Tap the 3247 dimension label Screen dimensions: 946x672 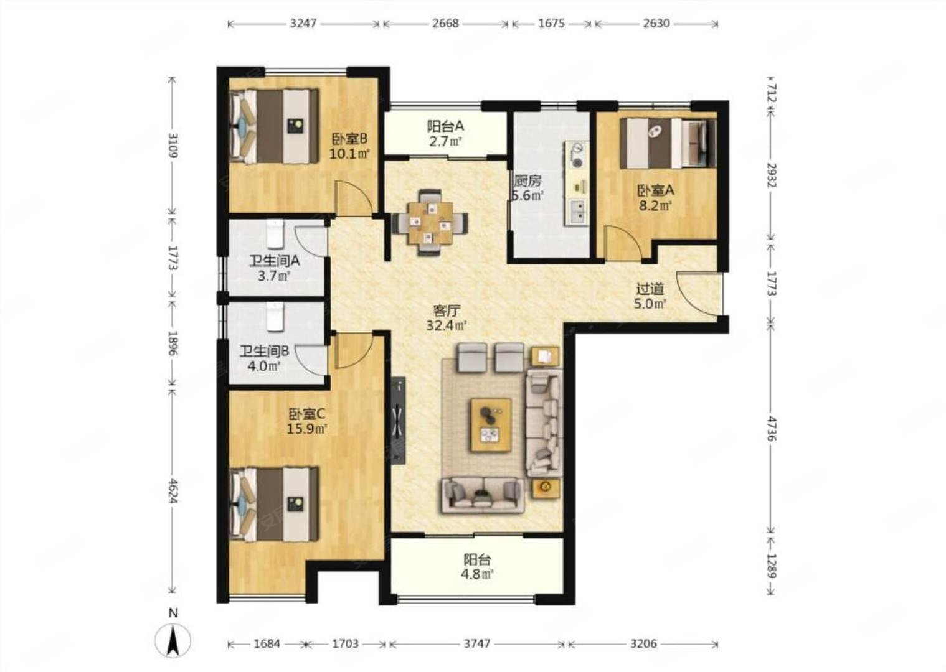tap(303, 23)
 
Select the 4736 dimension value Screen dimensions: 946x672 tap(772, 429)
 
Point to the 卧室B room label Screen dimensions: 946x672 tap(349, 138)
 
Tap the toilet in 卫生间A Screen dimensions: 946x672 tap(275, 234)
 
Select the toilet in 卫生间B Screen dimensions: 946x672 tap(275, 316)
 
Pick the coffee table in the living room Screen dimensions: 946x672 tap(491, 425)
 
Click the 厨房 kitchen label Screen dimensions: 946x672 tap(527, 181)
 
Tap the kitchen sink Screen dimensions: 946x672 tap(577, 212)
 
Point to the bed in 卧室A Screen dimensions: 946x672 tap(668, 143)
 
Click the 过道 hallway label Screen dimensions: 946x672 tap(650, 289)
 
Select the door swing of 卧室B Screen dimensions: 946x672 tap(354, 198)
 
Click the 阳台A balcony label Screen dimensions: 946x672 tap(445, 126)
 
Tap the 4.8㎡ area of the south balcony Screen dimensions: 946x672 tap(478, 574)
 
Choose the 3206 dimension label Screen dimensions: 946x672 tap(643, 643)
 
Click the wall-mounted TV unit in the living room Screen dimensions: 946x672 tap(398, 421)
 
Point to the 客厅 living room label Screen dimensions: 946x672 tap(446, 311)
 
